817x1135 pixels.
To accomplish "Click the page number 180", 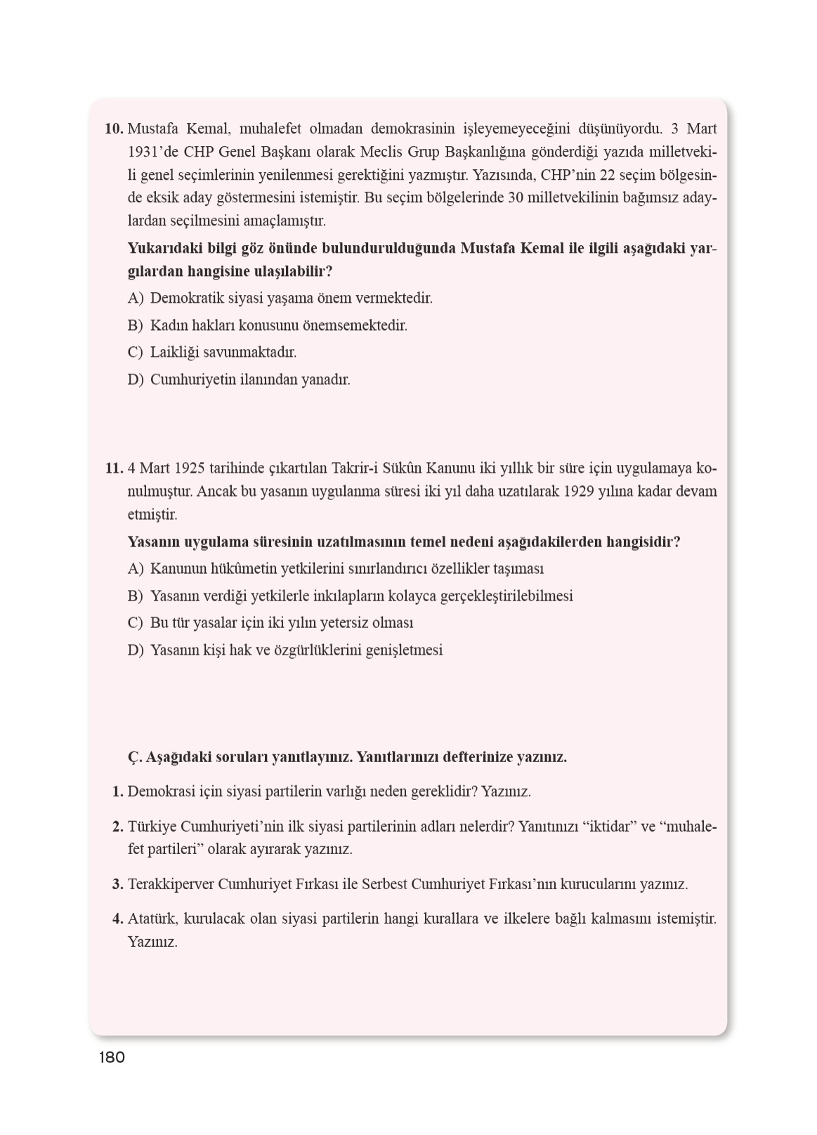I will (x=112, y=1057).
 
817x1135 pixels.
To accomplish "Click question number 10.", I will (x=114, y=129).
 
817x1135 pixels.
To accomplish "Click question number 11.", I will (x=114, y=468).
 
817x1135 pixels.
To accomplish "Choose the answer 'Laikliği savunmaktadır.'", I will (x=223, y=353).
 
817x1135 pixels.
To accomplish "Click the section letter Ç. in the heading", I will (x=135, y=757).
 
